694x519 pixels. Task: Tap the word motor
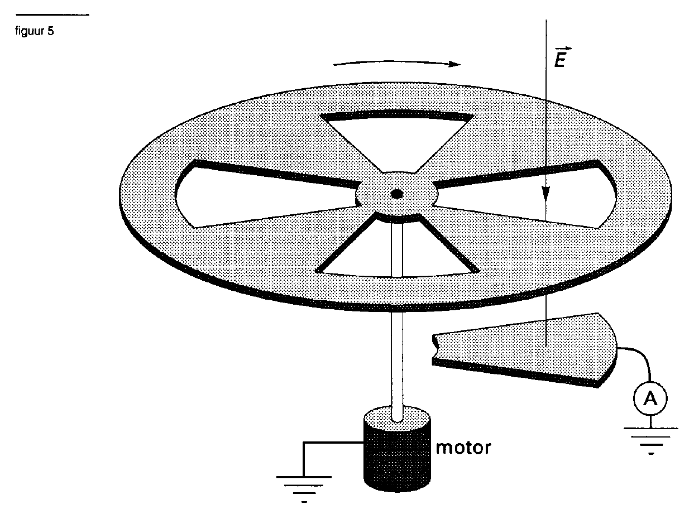(463, 448)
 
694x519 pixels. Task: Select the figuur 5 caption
(35, 31)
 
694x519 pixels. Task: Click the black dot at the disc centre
(397, 194)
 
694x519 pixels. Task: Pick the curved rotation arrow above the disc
(397, 63)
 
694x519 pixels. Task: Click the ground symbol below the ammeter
(650, 441)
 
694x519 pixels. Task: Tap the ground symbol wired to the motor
(304, 489)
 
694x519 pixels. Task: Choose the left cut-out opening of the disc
(266, 196)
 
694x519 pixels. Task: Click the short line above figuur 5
(52, 15)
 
